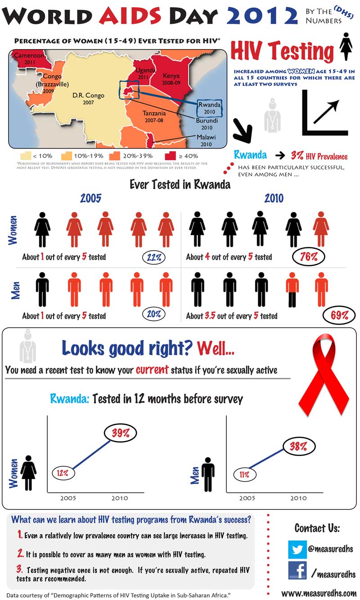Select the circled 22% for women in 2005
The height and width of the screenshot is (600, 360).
coord(154,258)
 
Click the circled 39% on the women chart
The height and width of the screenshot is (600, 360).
coord(121,433)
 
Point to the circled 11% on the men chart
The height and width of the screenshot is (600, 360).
coord(244,474)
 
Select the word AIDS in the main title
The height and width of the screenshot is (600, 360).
coord(130,16)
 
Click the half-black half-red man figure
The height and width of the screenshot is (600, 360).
coord(292,289)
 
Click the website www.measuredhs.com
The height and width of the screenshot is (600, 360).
coord(319,593)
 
